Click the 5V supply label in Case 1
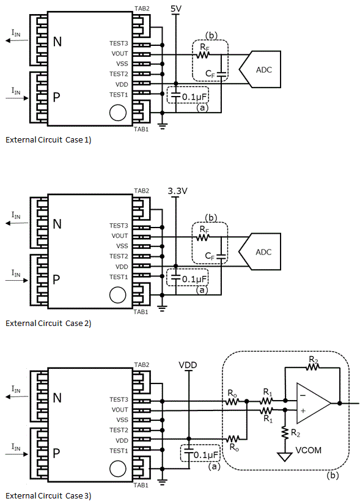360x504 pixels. tap(176, 9)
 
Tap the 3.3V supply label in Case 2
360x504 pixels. tap(177, 191)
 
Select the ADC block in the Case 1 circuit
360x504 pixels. tap(260, 70)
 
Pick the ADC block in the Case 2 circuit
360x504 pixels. tap(260, 251)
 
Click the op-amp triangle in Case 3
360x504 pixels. tap(313, 403)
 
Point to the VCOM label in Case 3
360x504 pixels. tap(308, 450)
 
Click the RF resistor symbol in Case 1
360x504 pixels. tap(203, 55)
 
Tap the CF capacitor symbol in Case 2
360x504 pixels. tap(221, 256)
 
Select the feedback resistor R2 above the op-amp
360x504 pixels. tap(312, 367)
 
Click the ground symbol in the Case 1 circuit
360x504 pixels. tap(162, 127)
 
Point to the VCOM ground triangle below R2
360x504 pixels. tap(285, 457)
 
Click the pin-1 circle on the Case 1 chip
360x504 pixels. tap(118, 113)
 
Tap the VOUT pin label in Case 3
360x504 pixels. tap(120, 410)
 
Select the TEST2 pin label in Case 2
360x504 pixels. tap(119, 256)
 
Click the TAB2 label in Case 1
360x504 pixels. tap(142, 9)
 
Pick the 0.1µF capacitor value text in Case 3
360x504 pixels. tap(206, 455)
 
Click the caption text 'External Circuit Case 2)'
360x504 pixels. tap(48, 323)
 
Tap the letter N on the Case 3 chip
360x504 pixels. tap(57, 398)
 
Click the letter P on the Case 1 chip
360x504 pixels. tap(56, 97)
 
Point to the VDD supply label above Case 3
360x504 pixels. tap(188, 365)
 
